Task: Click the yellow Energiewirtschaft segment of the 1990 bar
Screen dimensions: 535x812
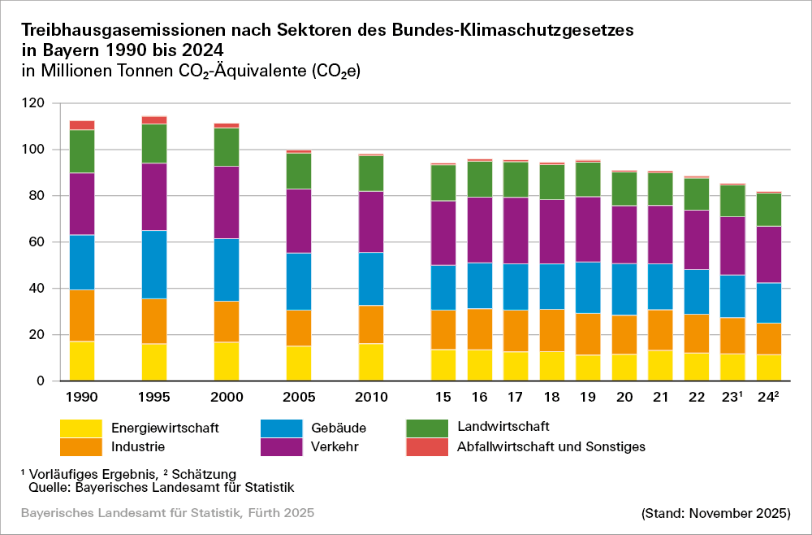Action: tap(82, 361)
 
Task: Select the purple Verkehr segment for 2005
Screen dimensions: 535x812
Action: tap(299, 221)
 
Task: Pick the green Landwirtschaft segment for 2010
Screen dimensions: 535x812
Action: tap(371, 173)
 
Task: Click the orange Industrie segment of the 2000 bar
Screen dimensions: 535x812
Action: tap(227, 321)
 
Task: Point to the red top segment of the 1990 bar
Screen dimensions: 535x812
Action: tap(82, 125)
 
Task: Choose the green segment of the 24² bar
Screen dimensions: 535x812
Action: tap(769, 210)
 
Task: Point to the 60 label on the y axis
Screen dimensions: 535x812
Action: tap(36, 242)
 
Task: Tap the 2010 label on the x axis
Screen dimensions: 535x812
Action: tap(371, 398)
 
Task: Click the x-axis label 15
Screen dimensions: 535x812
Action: tap(443, 398)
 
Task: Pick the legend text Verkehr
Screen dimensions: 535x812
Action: tap(333, 446)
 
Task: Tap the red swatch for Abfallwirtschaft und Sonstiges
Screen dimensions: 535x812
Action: tap(426, 446)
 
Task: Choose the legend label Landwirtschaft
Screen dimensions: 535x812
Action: tap(503, 426)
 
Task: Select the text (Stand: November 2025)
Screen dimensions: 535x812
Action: tap(715, 514)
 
